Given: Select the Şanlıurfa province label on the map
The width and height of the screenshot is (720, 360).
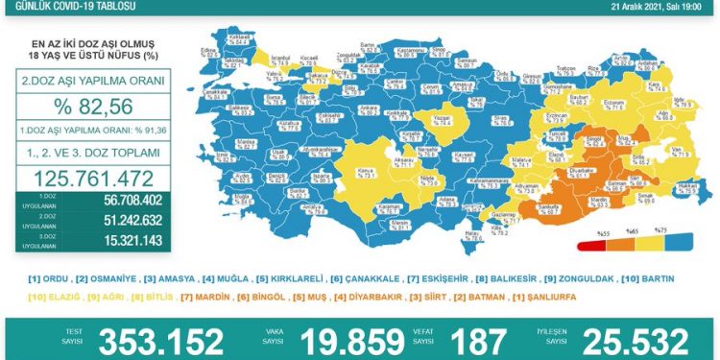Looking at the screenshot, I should (x=549, y=207).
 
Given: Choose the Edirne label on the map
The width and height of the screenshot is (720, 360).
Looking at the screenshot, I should (x=203, y=49).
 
